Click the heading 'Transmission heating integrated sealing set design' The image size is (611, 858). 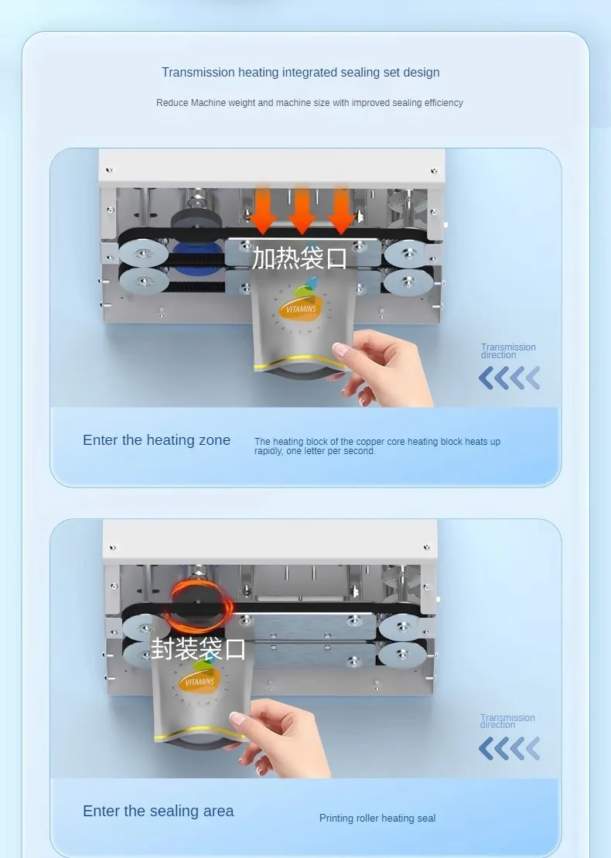300,72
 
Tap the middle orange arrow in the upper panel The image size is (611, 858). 302,208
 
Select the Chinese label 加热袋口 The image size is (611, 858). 299,258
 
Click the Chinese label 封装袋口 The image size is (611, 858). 198,648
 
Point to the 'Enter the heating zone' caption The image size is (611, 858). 156,440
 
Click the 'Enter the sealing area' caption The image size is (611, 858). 158,811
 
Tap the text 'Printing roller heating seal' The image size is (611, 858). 377,818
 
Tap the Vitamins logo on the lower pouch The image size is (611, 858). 200,676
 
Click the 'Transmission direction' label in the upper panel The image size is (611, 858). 508,350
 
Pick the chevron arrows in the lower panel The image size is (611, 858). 509,749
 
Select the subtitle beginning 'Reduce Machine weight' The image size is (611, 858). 309,103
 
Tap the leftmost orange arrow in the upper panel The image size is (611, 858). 263,208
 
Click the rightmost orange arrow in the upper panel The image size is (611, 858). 341,208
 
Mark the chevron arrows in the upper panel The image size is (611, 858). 509,378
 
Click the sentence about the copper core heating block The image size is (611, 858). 377,446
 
